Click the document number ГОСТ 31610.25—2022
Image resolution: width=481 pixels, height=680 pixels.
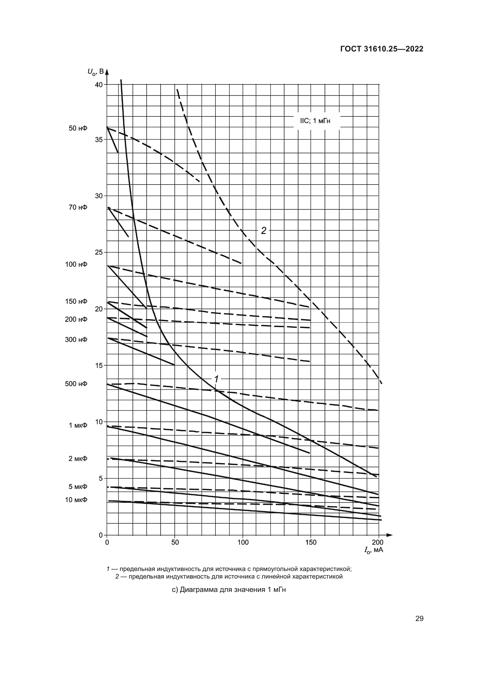tap(382, 49)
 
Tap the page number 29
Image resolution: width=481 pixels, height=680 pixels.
tap(419, 618)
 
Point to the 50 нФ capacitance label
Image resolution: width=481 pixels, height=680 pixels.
tap(78, 128)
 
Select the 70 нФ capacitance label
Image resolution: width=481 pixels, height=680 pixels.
tap(78, 207)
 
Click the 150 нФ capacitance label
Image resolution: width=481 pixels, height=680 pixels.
tap(76, 301)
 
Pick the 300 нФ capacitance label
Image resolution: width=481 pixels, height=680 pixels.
tap(76, 340)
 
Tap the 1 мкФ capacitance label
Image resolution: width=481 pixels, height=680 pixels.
tap(78, 425)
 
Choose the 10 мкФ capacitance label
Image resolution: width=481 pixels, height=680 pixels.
tap(76, 500)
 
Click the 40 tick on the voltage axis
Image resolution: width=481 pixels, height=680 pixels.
tap(99, 85)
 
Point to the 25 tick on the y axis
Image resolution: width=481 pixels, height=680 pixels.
tap(99, 252)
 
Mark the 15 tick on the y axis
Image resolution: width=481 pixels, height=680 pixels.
tap(99, 365)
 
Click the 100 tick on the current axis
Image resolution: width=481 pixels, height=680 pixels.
tap(243, 542)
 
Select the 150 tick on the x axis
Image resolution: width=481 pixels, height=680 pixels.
tap(311, 542)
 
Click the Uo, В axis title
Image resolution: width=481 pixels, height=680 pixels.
tap(95, 72)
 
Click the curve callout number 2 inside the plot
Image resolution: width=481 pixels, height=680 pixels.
tap(263, 231)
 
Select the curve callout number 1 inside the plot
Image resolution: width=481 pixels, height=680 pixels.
tap(217, 379)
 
